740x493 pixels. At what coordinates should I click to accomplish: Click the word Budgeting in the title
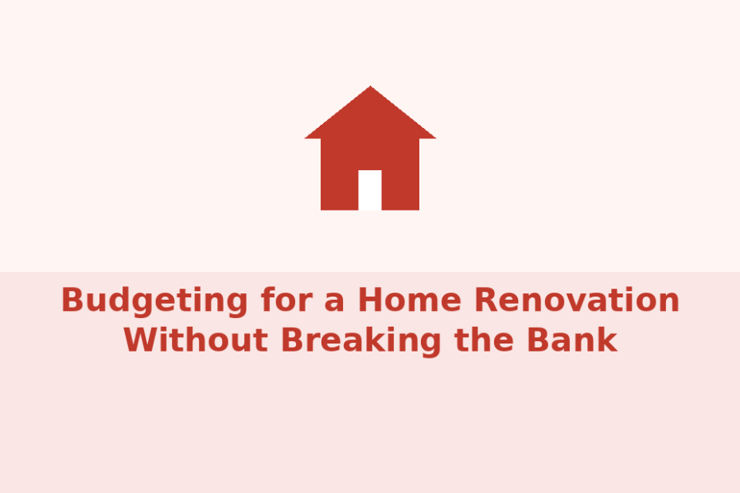(154, 301)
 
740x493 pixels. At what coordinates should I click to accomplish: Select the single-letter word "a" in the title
(335, 303)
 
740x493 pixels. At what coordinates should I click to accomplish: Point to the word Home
(410, 300)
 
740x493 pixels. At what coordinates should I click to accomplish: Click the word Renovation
(577, 300)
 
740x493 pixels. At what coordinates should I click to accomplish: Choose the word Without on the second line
(196, 340)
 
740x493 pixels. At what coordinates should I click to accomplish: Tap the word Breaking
(361, 340)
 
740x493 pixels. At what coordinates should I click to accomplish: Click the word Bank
(572, 340)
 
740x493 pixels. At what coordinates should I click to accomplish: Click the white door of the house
(370, 190)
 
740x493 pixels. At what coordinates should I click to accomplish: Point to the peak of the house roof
(370, 87)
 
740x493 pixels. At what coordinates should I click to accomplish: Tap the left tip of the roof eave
(306, 138)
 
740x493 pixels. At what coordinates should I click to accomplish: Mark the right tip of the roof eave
(434, 138)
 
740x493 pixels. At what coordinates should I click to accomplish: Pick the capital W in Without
(142, 340)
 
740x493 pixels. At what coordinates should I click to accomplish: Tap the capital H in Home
(371, 300)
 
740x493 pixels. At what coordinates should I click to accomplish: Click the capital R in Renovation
(486, 300)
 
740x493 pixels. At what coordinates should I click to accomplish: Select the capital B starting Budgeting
(72, 300)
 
